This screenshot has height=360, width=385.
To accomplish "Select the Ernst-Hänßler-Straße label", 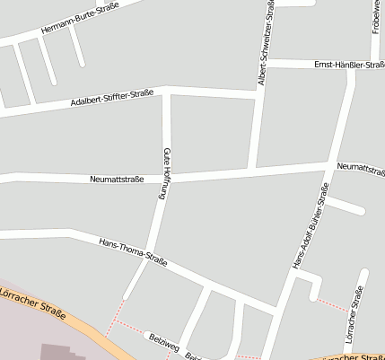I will point(348,65).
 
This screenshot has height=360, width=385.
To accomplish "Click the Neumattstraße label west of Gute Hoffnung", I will point(117,179).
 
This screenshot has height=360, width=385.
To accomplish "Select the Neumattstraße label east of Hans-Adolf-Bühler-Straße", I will point(360,168).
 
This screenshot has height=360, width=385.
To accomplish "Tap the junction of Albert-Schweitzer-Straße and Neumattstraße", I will point(254,170).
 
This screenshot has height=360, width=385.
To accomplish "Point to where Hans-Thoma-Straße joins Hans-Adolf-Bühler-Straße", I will point(276,312).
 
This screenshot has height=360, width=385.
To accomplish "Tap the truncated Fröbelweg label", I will point(374,20).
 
